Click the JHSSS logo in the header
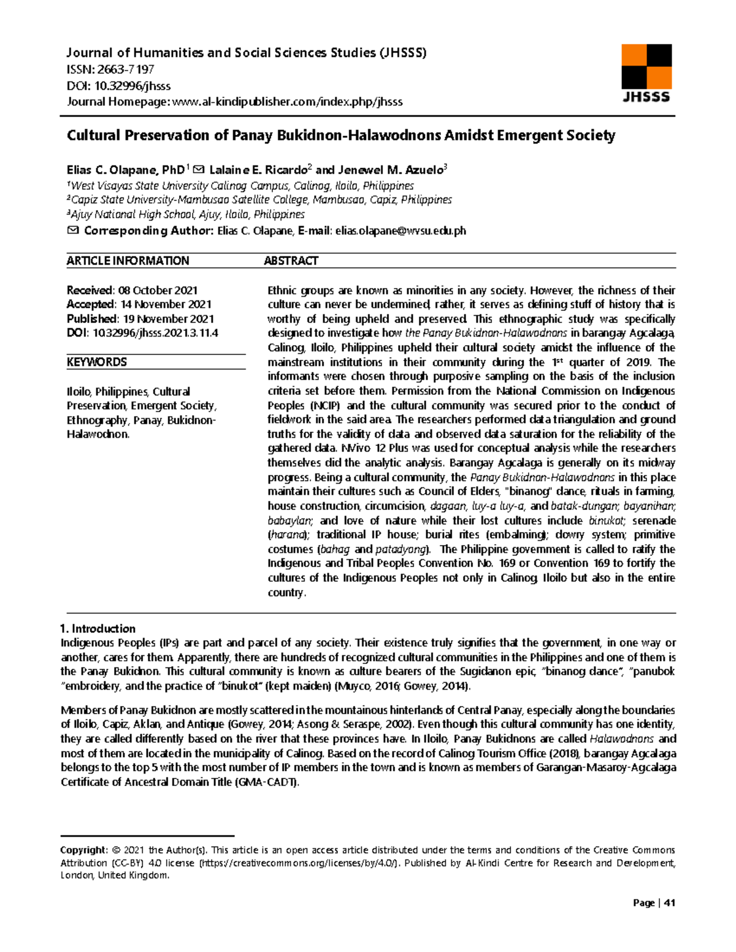pyautogui.click(x=646, y=73)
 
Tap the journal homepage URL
pyautogui.click(x=288, y=102)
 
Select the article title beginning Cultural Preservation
pyautogui.click(x=340, y=135)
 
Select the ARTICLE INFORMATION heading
pyautogui.click(x=128, y=261)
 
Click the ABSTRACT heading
pyautogui.click(x=291, y=261)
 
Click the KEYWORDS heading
pyautogui.click(x=96, y=362)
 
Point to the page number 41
pyautogui.click(x=669, y=902)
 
